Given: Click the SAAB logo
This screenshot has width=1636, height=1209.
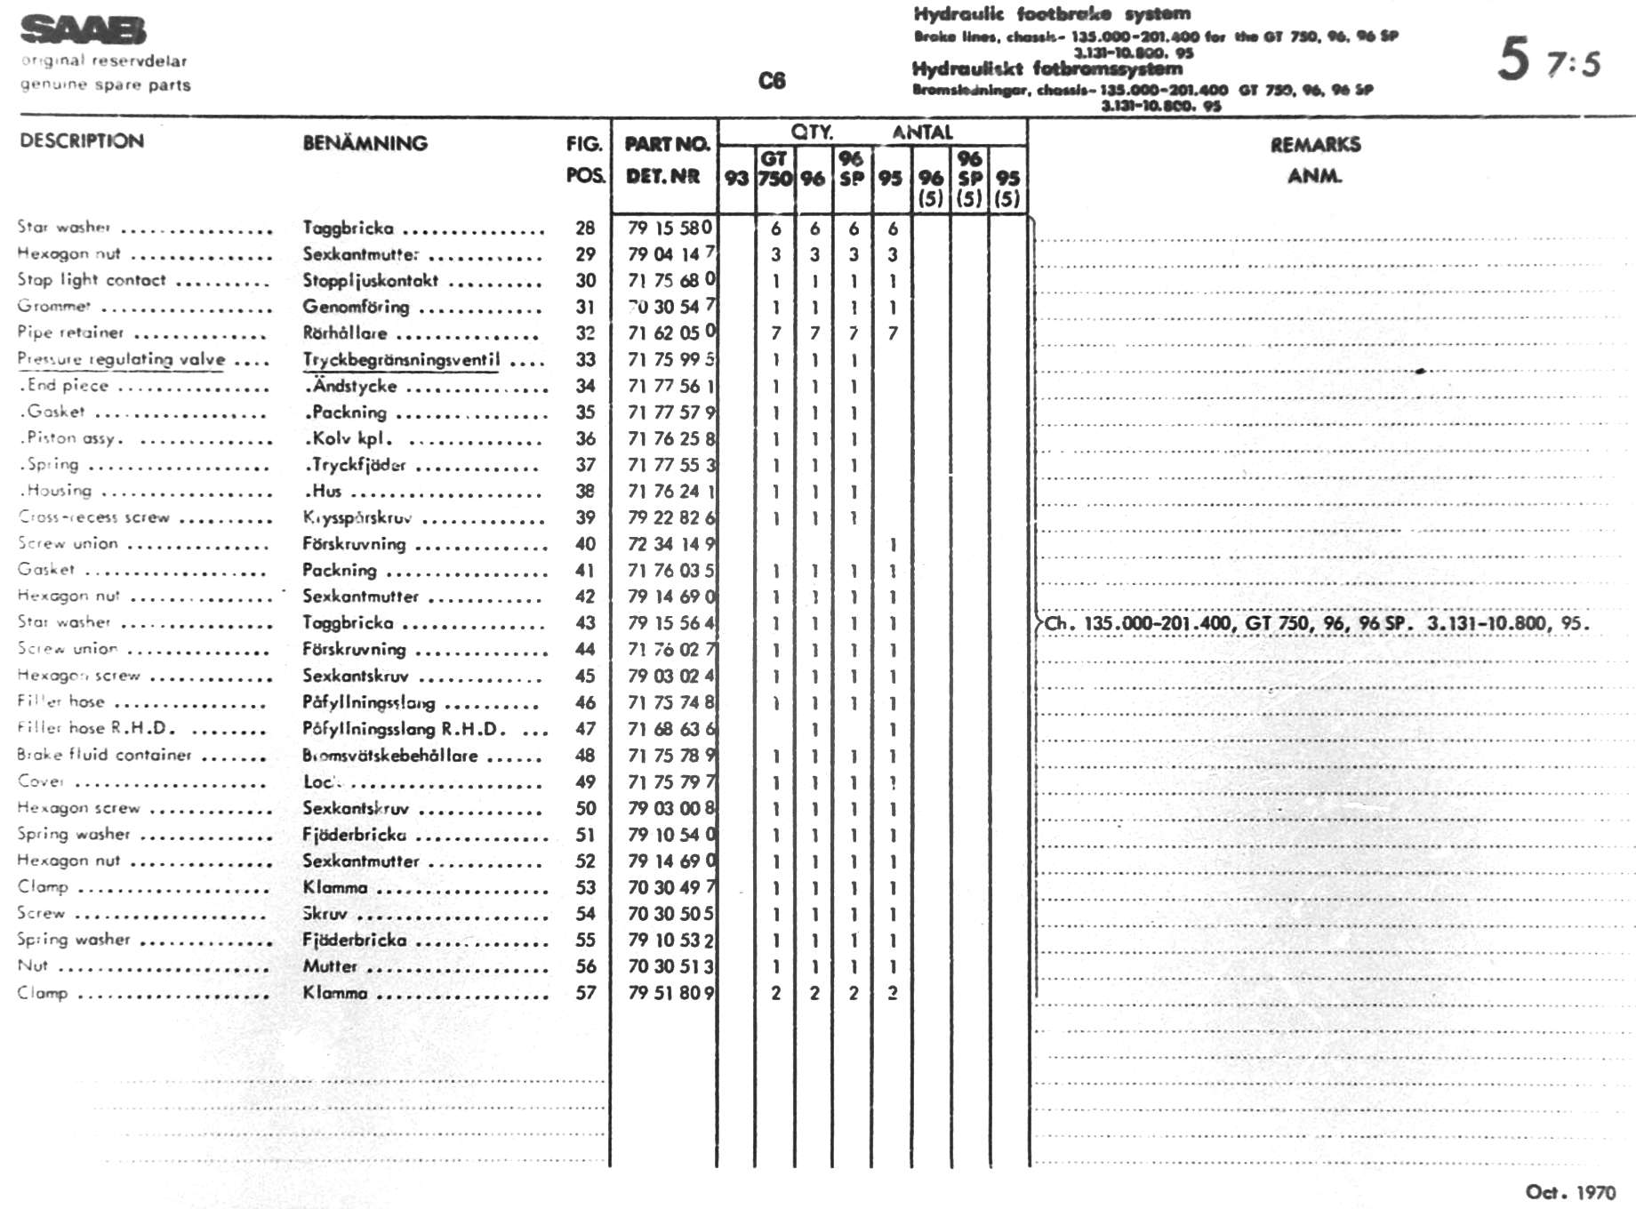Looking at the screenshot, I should (x=83, y=31).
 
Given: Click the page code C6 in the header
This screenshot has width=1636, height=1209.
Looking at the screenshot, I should (x=772, y=81).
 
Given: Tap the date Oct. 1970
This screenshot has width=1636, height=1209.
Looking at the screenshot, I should (x=1570, y=1192).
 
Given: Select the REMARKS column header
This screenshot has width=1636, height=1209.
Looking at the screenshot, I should (x=1315, y=145).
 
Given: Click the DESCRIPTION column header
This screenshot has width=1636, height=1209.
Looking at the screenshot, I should (x=82, y=141).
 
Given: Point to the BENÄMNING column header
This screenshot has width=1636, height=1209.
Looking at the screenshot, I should (x=365, y=143).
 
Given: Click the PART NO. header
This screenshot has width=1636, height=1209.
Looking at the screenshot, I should (x=667, y=144).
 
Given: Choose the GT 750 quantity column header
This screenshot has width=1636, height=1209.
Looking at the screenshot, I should (x=774, y=168).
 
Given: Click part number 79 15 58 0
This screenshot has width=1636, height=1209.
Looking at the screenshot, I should (x=670, y=228).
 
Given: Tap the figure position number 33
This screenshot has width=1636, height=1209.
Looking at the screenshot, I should (x=585, y=360).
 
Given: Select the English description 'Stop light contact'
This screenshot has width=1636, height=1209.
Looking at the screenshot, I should (x=92, y=280).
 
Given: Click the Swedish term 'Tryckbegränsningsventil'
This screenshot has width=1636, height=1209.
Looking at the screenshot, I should (x=401, y=360).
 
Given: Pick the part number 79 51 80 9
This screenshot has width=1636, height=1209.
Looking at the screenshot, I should (x=670, y=993).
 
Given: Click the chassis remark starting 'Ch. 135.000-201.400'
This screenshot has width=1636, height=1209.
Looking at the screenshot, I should (x=1316, y=623).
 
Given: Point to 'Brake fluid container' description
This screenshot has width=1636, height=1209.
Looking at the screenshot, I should (x=104, y=755).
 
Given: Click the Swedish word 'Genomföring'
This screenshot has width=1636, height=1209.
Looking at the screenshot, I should (x=356, y=307).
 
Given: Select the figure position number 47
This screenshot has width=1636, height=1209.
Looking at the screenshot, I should (x=585, y=729).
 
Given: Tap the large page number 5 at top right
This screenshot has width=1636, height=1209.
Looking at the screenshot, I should (x=1513, y=60).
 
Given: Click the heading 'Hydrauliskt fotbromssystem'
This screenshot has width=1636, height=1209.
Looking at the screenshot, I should (x=1047, y=69).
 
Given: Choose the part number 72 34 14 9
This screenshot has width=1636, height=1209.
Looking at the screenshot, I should (x=670, y=544).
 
